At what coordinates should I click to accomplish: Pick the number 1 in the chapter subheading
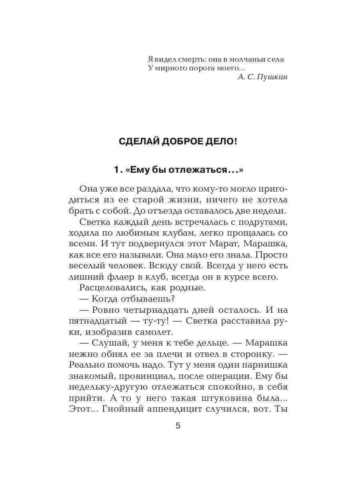[x=117, y=170]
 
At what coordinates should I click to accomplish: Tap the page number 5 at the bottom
[x=178, y=426]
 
